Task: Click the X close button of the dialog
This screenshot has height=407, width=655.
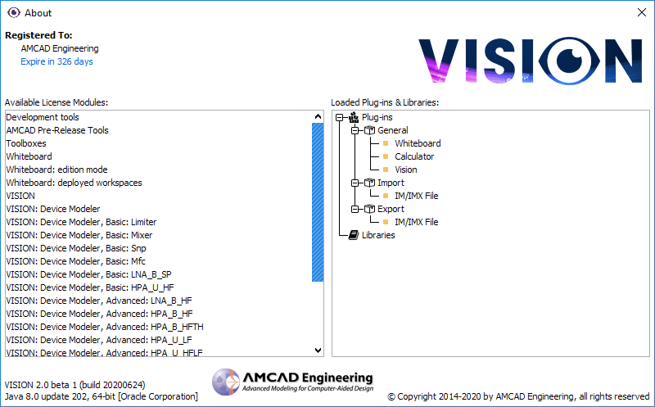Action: pos(642,12)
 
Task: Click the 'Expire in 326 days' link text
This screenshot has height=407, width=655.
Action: pos(56,61)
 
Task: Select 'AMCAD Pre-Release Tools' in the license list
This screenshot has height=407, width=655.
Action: pos(57,130)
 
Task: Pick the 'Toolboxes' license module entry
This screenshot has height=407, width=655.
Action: pos(26,143)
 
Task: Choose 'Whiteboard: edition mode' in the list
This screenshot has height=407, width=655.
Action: pos(56,170)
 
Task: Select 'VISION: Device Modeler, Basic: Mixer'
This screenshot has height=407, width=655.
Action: pos(79,235)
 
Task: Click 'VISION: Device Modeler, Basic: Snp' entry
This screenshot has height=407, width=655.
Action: pos(76,248)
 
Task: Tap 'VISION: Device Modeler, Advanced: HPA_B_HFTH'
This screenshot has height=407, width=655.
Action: pos(105,327)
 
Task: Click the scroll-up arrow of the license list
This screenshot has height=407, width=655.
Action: pos(318,116)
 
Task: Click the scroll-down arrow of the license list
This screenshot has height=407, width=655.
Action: pos(318,350)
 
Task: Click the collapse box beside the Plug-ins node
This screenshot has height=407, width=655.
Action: pos(339,117)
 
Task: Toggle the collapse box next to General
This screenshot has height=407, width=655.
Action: pos(355,130)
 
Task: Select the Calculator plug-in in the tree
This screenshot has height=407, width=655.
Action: pos(414,156)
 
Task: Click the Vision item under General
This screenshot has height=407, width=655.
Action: pos(405,170)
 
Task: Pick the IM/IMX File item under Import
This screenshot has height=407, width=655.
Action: pos(417,196)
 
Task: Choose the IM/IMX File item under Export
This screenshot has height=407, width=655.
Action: pos(417,222)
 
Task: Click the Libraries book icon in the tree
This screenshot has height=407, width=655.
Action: pos(354,235)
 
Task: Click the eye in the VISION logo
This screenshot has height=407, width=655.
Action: pos(569,61)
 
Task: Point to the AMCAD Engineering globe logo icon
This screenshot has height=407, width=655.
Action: pos(226,382)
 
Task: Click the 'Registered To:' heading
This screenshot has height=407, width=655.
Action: pos(38,35)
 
